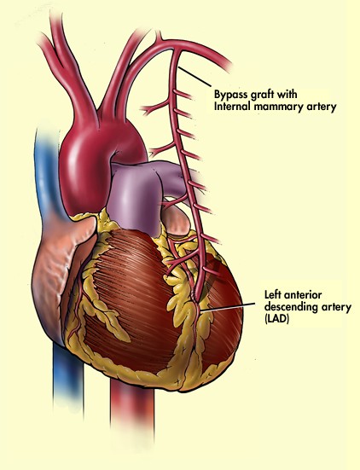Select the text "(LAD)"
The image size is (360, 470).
click(276, 320)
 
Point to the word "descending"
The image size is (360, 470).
click(288, 308)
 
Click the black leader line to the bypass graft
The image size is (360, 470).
click(195, 77)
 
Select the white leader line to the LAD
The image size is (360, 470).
click(227, 307)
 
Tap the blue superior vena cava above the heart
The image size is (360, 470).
click(45, 168)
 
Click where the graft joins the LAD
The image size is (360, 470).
click(196, 300)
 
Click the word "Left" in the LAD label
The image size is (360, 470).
click(273, 294)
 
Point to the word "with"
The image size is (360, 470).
click(287, 94)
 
